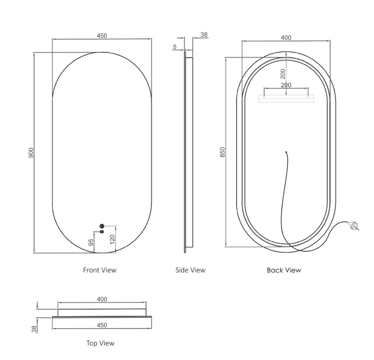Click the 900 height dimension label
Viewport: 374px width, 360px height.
[31, 153]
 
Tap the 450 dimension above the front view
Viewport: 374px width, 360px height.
[102, 36]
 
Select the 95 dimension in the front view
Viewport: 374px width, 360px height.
[91, 242]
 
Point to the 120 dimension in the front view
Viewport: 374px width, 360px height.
[113, 239]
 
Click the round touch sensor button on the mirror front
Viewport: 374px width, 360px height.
[102, 226]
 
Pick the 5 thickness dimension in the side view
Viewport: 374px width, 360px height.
[175, 47]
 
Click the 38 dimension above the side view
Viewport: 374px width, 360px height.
[204, 34]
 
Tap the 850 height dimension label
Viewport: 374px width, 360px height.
[222, 152]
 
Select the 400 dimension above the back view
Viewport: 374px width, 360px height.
[286, 38]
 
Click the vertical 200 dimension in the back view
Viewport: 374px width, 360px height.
[283, 74]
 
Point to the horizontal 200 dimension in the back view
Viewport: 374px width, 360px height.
[286, 85]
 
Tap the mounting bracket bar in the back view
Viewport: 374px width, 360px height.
[286, 99]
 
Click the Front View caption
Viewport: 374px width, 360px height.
[100, 270]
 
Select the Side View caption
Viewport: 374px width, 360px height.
[190, 270]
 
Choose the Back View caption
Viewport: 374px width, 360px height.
[284, 270]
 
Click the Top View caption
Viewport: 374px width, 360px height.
[100, 344]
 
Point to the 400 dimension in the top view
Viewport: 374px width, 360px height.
[102, 299]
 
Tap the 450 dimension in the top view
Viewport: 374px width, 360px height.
[102, 325]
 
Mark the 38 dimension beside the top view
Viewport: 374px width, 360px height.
[34, 329]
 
